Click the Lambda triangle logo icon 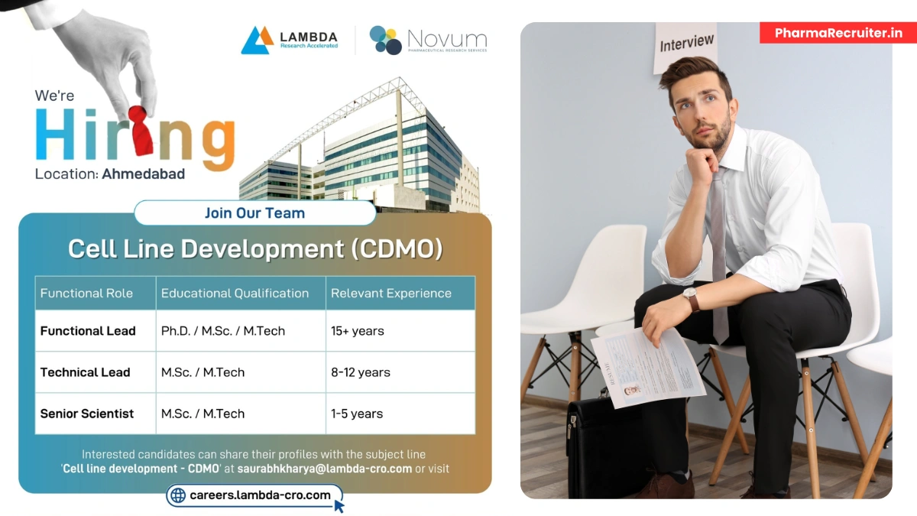(257, 40)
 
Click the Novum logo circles (386, 40)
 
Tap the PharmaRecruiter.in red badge (838, 33)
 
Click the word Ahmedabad (143, 174)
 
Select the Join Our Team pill (254, 213)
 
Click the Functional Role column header (86, 293)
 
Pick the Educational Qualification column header (235, 293)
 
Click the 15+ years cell (357, 331)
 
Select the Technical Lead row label (85, 372)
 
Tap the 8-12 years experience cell (360, 372)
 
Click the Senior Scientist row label (86, 414)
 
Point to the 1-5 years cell (356, 414)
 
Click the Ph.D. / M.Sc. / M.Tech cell (222, 331)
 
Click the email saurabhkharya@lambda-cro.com (324, 469)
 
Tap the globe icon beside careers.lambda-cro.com (178, 495)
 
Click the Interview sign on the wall (687, 44)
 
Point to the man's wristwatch (691, 298)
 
